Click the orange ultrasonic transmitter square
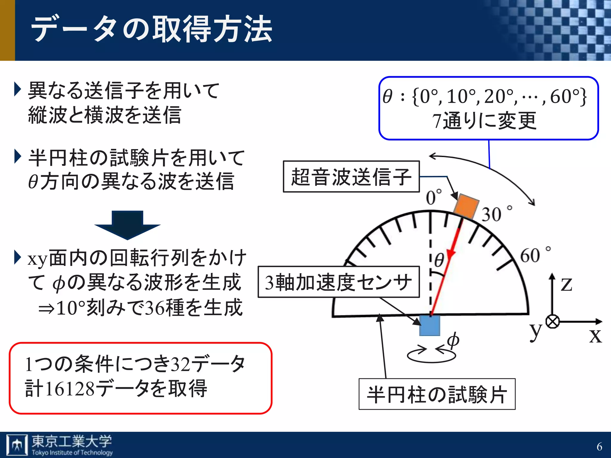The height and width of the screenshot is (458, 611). click(466, 206)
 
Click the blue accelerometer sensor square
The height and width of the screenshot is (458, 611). click(430, 325)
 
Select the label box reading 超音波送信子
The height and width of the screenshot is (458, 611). click(351, 177)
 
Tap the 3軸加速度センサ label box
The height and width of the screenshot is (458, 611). click(338, 282)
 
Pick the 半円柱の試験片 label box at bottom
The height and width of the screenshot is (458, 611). click(437, 394)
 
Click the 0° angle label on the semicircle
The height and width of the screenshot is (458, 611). click(433, 197)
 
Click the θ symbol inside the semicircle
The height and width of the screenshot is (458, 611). click(439, 260)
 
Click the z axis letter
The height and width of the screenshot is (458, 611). click(566, 284)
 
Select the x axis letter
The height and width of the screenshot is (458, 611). click(595, 336)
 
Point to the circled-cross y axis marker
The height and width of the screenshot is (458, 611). click(553, 322)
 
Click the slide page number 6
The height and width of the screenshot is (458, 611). click(599, 447)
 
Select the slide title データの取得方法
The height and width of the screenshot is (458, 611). click(152, 29)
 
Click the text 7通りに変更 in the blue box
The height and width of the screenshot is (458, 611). click(485, 121)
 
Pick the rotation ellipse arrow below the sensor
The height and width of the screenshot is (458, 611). click(431, 355)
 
